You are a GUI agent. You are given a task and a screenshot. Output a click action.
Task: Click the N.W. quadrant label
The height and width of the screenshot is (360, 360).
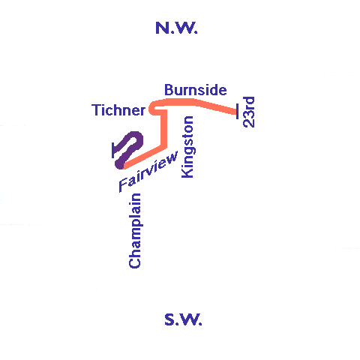point(176,28)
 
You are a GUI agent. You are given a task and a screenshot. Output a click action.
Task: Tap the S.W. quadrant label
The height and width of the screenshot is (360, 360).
point(183,319)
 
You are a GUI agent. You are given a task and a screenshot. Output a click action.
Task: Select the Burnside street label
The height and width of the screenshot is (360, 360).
point(196,90)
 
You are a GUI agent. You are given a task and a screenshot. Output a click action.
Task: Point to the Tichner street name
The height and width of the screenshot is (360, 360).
point(118,110)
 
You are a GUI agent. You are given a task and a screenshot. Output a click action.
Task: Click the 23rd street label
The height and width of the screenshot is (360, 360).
point(249,112)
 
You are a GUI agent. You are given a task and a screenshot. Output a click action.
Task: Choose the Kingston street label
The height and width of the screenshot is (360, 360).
point(187,147)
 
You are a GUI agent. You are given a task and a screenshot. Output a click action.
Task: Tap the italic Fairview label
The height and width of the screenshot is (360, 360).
point(148,172)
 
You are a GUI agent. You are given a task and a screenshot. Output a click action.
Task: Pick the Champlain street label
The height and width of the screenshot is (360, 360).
point(135,230)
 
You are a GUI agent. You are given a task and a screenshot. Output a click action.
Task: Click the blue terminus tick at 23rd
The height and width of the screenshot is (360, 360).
point(237,112)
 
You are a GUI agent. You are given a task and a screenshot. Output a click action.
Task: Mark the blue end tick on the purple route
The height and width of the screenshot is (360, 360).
point(113,151)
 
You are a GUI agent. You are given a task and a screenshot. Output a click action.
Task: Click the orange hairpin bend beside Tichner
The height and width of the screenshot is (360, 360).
point(151,109)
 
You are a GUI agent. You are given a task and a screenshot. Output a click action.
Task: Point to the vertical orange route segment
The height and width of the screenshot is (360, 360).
point(163,129)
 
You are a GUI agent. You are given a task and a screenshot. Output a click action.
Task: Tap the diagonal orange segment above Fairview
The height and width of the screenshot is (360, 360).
point(144,157)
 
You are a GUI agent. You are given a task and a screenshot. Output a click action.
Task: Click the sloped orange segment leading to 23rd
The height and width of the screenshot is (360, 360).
point(216,106)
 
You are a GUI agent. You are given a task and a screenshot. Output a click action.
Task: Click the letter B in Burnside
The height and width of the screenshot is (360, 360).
point(169,90)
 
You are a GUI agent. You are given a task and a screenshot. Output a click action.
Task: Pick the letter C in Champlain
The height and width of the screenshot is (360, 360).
point(135,262)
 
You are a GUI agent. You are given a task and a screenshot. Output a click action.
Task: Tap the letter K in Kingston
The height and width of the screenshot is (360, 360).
point(187,173)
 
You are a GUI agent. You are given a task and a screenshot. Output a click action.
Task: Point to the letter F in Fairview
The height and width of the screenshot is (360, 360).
point(123,185)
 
